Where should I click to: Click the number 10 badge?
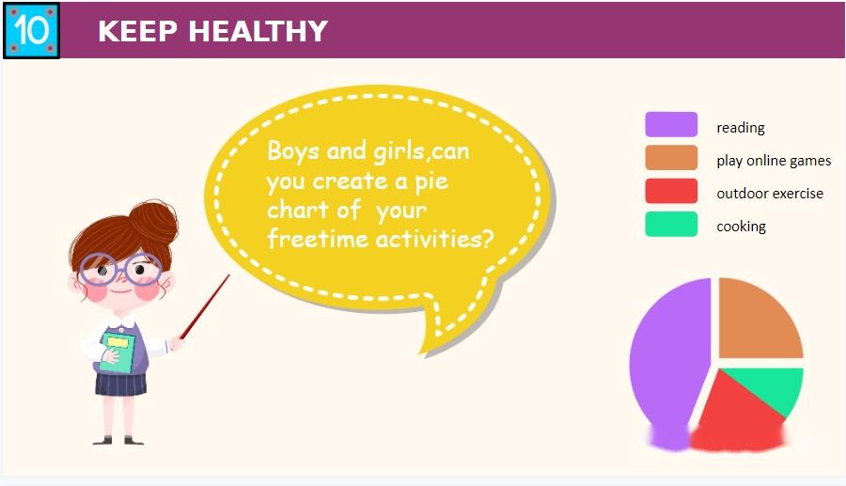click(x=31, y=30)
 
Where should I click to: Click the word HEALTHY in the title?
click(x=258, y=31)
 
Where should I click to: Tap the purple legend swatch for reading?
click(x=671, y=124)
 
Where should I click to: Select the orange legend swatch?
click(x=671, y=158)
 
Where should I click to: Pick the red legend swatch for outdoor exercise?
click(x=671, y=191)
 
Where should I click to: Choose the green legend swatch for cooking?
click(x=671, y=224)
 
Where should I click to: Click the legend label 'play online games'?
click(x=774, y=161)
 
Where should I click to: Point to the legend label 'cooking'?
click(x=741, y=227)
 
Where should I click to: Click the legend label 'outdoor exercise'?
click(x=770, y=193)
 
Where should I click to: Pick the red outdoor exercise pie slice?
click(x=734, y=415)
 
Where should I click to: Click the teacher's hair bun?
click(x=154, y=221)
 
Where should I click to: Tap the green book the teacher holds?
click(x=117, y=353)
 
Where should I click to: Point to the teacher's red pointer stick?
click(x=205, y=306)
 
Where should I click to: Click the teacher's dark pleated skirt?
click(x=121, y=384)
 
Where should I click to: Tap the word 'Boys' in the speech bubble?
click(x=293, y=151)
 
